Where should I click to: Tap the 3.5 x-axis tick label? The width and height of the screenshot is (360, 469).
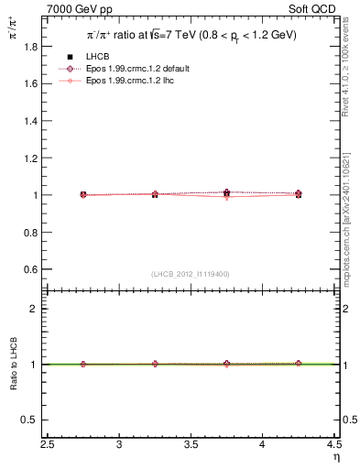pos(191,445)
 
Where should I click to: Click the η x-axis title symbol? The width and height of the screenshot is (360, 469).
pos(336,456)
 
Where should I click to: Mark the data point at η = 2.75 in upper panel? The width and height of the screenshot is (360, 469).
pos(83,194)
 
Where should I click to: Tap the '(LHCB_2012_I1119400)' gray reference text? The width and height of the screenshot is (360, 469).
pos(191,274)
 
